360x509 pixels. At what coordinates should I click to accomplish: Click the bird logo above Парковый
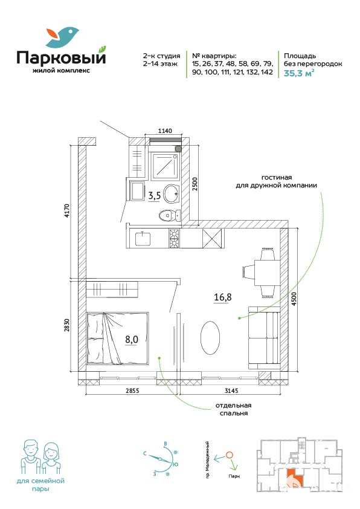(62, 37)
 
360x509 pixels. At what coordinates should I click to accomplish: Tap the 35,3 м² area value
(299, 73)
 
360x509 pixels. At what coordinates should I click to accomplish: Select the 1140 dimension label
(165, 131)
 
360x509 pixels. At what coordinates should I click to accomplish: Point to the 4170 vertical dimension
(67, 210)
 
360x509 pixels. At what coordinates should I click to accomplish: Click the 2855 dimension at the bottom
(132, 391)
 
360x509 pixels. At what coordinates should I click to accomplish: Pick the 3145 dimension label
(231, 391)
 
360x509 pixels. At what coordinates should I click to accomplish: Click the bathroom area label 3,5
(155, 196)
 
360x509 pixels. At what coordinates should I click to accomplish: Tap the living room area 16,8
(222, 297)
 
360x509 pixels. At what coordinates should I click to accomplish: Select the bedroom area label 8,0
(132, 340)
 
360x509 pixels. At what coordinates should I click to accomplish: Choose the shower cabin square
(165, 166)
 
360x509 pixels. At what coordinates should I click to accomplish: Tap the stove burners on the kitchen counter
(174, 239)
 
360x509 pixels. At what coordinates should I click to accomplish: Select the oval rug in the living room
(210, 337)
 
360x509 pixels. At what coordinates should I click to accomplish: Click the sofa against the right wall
(264, 338)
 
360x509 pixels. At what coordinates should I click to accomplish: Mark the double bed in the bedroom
(118, 339)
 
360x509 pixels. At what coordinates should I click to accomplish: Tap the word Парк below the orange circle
(234, 476)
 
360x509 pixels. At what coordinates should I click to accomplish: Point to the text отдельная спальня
(234, 409)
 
